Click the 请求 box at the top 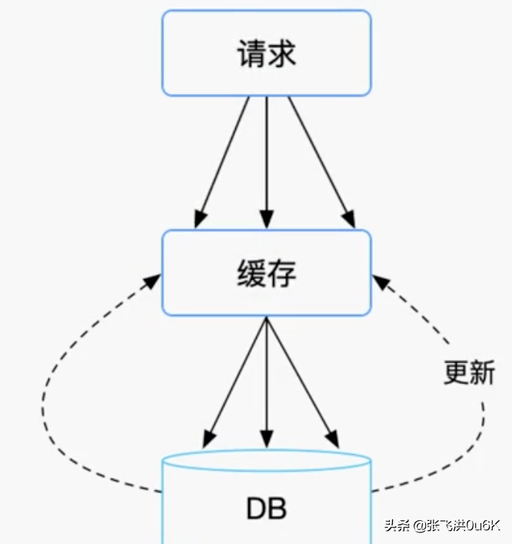coord(266,53)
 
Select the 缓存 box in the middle coord(266,272)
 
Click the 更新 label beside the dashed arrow coord(469,373)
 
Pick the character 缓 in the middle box coord(251,273)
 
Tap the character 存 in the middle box coord(282,273)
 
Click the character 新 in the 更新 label coord(482,373)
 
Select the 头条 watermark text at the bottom coord(398,526)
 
